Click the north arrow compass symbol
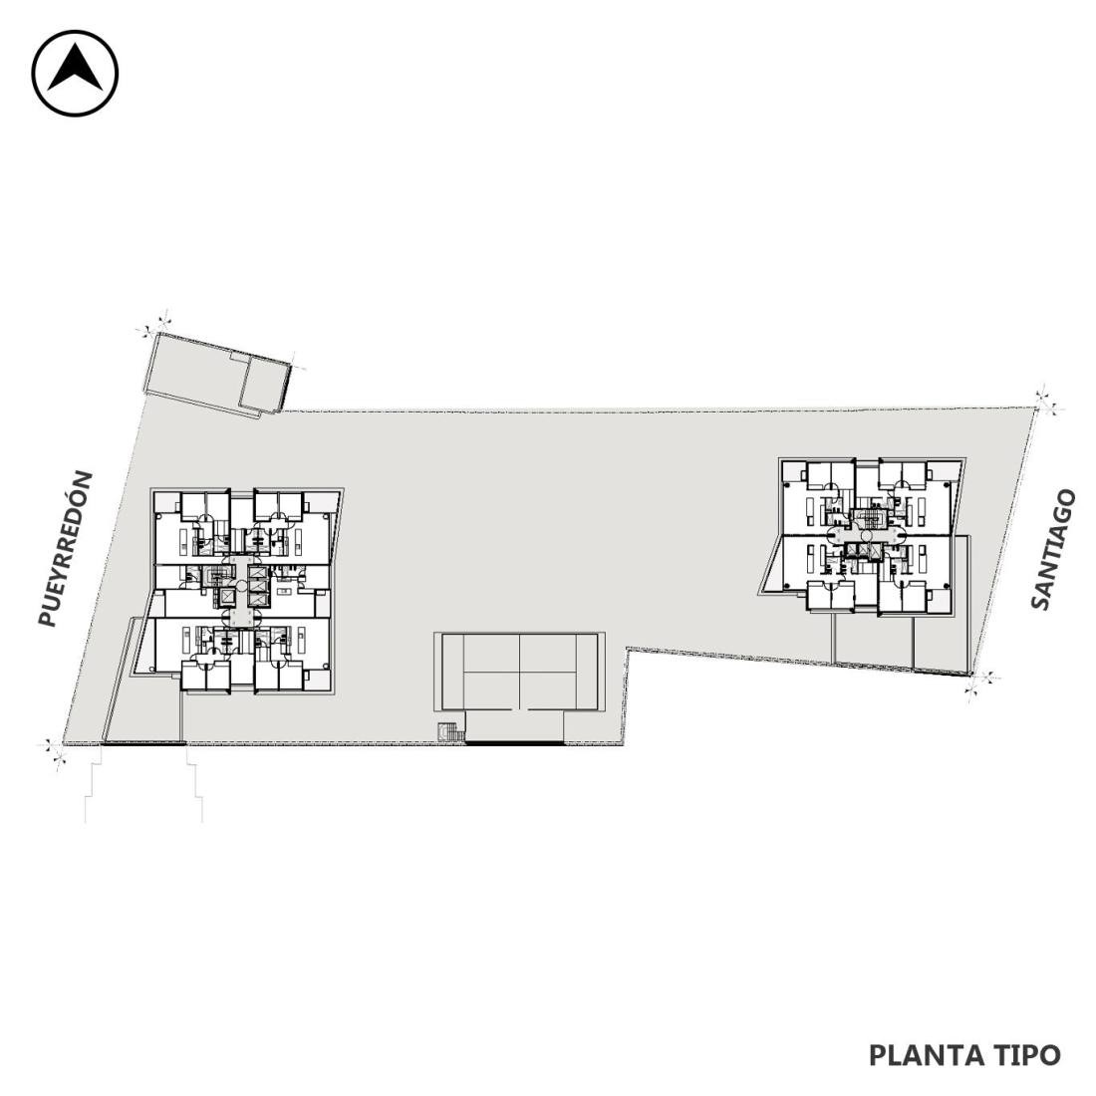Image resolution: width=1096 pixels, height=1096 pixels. tap(76, 73)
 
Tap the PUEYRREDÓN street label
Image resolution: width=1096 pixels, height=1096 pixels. tap(65, 549)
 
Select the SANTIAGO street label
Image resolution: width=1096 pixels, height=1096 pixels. tap(1053, 549)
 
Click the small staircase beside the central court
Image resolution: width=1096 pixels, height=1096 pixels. tap(450, 732)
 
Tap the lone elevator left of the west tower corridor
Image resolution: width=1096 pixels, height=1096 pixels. tap(228, 596)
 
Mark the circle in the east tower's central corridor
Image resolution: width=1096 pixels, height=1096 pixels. tap(867, 536)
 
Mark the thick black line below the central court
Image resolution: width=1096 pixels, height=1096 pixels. tap(515, 742)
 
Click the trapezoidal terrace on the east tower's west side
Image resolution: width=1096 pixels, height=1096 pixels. tap(771, 568)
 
